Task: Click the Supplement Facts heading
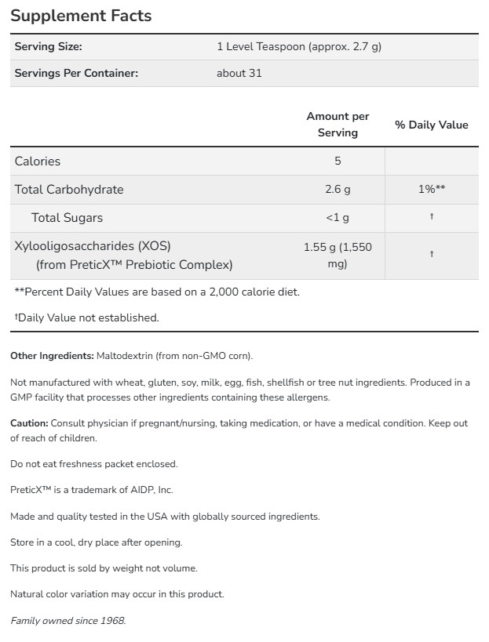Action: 81,16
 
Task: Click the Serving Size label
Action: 48,46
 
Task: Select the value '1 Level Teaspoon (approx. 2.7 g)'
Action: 298,46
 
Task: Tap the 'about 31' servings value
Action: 239,73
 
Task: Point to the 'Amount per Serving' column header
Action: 338,124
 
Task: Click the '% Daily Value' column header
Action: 431,125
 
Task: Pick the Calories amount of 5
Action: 338,161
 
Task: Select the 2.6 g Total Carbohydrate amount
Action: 338,189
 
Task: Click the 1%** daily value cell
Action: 431,189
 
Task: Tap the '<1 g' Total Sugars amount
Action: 338,217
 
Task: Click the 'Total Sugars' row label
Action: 67,217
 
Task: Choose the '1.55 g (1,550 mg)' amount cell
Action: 338,255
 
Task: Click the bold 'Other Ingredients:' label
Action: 52,356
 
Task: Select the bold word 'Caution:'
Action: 29,423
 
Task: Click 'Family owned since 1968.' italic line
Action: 68,621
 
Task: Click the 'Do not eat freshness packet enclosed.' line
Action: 93,463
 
